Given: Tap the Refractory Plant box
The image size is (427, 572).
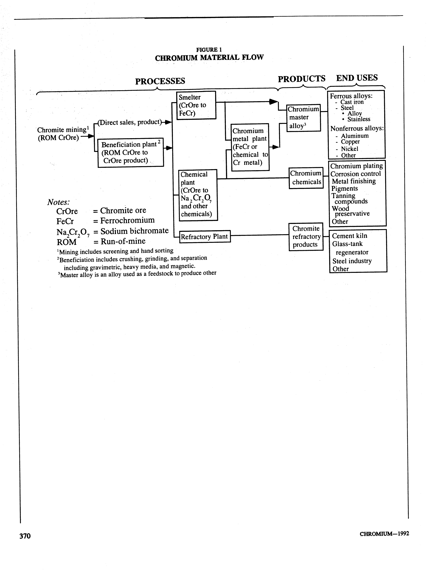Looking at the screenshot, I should [204, 236].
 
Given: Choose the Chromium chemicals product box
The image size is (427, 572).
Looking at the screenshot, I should [306, 178].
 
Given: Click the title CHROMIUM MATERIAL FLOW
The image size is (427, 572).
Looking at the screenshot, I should [209, 57].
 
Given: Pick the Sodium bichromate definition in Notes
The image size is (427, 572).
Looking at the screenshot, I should [134, 231].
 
